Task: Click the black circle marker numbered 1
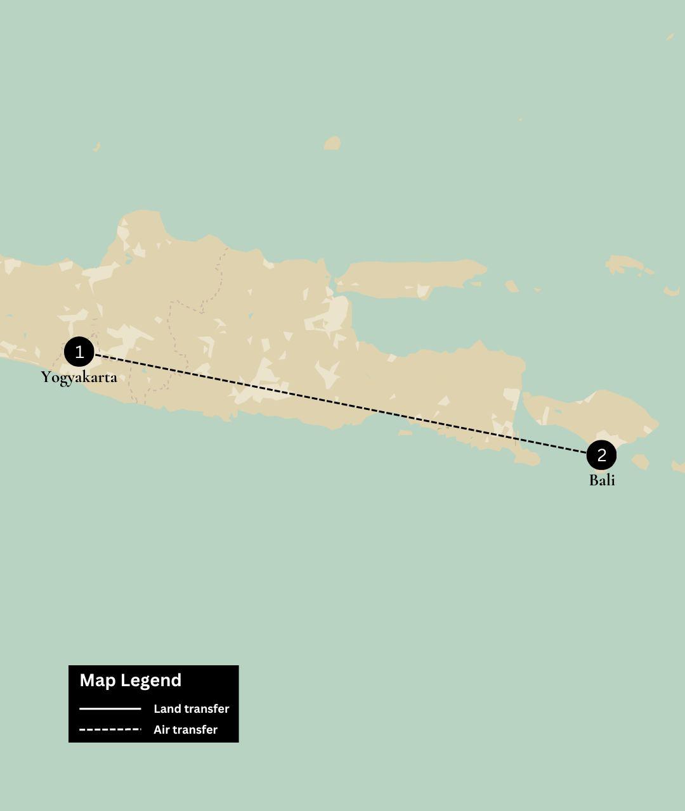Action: (79, 352)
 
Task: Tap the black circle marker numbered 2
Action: (601, 455)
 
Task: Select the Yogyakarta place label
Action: (79, 377)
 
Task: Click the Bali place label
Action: (602, 480)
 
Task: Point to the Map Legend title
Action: (131, 680)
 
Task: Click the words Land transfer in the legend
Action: (191, 709)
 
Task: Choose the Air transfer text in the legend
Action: (185, 730)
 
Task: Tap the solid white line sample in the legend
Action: (110, 708)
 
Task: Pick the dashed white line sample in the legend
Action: (110, 730)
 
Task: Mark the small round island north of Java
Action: (332, 143)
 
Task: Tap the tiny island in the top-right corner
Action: (670, 37)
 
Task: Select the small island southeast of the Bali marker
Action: (641, 461)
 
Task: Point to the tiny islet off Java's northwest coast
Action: (97, 147)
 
